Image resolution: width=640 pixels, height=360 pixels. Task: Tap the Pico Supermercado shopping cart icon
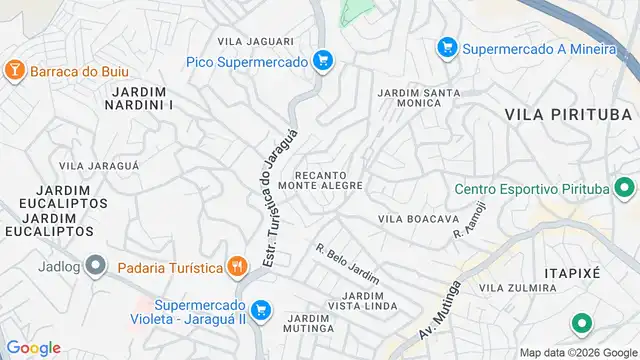[322, 61]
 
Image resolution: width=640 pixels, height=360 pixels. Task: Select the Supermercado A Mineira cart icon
[447, 47]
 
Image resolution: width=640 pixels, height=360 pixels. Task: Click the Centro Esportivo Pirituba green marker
[625, 188]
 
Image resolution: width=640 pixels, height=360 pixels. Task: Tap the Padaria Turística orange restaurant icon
[236, 266]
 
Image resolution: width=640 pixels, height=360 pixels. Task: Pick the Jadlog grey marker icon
[95, 266]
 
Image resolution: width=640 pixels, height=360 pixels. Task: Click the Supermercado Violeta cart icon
[261, 310]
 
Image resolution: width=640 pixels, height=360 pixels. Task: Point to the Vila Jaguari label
[256, 41]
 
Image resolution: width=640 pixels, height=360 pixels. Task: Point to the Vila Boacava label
[418, 218]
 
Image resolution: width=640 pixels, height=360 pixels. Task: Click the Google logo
[33, 348]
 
